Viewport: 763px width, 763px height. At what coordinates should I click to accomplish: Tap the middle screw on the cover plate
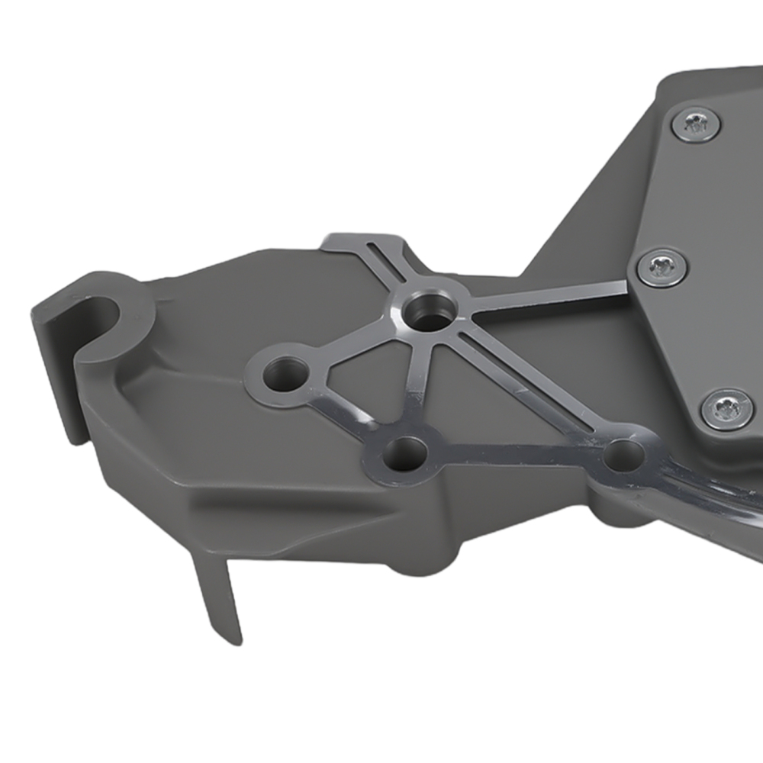(661, 266)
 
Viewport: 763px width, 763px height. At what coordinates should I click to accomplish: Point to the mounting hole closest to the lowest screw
(623, 456)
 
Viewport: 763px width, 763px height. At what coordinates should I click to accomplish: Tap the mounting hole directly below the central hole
(401, 455)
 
